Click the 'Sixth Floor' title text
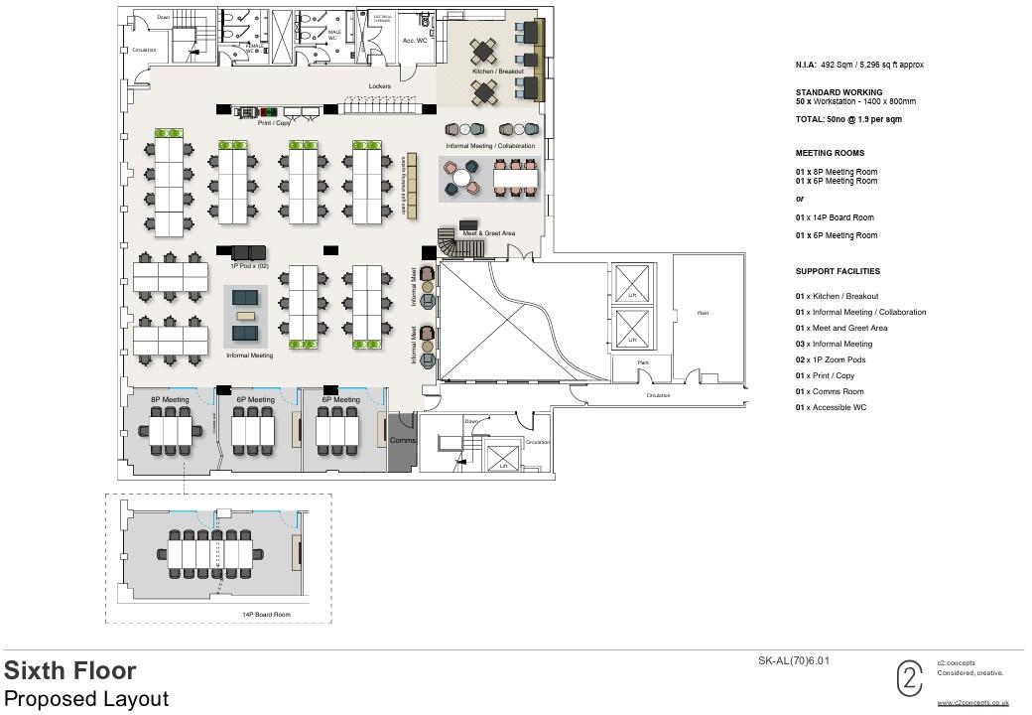coord(70,670)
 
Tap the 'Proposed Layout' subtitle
coord(86,698)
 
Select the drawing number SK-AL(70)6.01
coord(793,660)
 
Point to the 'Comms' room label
coord(402,440)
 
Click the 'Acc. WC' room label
coord(414,41)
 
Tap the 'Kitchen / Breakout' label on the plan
coord(497,71)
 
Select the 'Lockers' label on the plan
coord(379,86)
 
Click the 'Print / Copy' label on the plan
coord(274,123)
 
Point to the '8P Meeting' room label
coord(170,399)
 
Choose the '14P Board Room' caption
coord(266,615)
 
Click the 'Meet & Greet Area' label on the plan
coord(488,233)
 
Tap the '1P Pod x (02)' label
coord(249,266)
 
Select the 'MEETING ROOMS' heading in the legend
coord(830,153)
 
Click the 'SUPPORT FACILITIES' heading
coord(838,271)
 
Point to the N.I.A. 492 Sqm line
coord(861,65)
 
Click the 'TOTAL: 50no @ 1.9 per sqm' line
coord(848,119)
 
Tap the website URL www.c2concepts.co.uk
coord(972,702)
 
